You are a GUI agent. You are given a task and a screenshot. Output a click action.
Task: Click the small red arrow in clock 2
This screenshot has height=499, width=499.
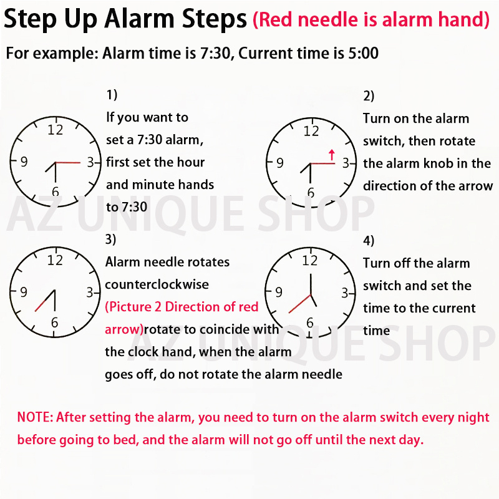331,154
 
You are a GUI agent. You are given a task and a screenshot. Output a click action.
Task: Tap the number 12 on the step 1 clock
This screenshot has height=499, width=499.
56,130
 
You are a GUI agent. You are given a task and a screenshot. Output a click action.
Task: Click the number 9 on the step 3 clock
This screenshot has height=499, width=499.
23,291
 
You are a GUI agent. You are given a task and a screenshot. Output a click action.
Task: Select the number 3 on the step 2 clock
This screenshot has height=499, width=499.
345,163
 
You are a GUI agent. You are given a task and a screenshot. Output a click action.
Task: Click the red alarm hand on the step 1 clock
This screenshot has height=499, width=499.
69,163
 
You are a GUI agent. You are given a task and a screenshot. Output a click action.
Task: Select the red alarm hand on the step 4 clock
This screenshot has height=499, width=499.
299,304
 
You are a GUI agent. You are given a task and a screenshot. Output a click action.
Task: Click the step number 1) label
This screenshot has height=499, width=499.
112,95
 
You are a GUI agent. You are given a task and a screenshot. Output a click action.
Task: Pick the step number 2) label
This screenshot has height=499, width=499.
369,96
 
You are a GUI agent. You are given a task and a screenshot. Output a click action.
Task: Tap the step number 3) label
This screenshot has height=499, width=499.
111,240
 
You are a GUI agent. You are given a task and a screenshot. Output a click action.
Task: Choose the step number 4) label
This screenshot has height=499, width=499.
369,241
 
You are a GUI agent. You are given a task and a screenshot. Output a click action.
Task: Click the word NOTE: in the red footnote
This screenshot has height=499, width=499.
36,417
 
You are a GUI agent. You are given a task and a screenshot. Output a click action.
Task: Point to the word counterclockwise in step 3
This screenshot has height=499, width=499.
157,284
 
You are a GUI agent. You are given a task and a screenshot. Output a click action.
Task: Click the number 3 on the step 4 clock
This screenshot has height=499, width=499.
345,293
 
